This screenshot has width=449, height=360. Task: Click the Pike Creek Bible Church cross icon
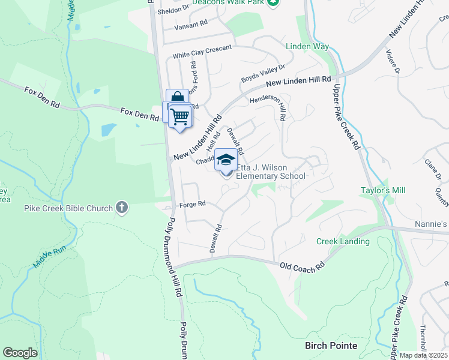click(122, 208)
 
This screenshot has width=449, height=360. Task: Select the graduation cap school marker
click(226, 160)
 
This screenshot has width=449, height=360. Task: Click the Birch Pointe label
click(331, 346)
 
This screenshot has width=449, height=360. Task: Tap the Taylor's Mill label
click(383, 190)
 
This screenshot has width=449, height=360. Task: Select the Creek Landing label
click(343, 241)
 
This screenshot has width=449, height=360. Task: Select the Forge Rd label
click(193, 204)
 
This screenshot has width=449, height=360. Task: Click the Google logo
click(20, 353)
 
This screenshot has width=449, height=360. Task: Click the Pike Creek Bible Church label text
click(68, 208)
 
